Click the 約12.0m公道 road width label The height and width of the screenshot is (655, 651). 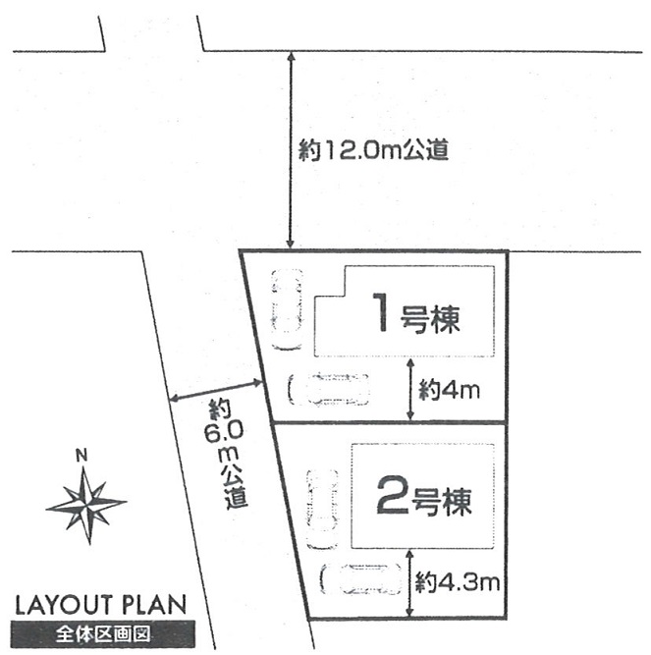click(373, 150)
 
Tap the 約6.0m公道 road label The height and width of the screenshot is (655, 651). click(226, 454)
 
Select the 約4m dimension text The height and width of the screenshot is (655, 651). click(450, 390)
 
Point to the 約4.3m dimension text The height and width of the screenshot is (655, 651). click(458, 581)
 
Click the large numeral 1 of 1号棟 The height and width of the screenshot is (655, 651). click(381, 312)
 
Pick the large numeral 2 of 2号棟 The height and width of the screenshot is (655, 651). click(392, 495)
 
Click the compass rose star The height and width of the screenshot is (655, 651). click(86, 505)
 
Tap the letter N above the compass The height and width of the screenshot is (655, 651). click(81, 456)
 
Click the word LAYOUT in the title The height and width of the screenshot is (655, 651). click(64, 605)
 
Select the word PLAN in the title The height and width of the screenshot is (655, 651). click(154, 605)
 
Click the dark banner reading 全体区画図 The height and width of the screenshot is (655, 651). click(103, 634)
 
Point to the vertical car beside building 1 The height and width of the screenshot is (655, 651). click(287, 308)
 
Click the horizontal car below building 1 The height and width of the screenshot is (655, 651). click(329, 389)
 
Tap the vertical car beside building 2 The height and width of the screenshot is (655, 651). click(322, 509)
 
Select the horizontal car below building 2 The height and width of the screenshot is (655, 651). click(360, 579)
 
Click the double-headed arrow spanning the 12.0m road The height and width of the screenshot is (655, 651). click(291, 150)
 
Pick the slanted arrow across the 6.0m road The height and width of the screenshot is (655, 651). click(216, 391)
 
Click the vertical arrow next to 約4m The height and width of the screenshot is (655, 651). click(410, 389)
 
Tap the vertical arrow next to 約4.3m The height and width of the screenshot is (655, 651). click(409, 583)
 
